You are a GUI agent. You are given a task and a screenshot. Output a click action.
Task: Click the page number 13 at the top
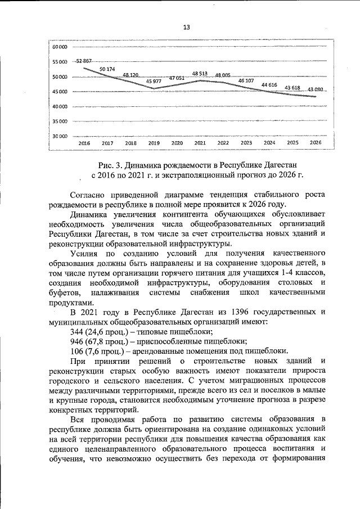point(187,27)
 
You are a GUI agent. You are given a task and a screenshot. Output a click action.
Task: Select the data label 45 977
point(154,82)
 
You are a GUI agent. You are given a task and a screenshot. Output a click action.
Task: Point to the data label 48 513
point(200,74)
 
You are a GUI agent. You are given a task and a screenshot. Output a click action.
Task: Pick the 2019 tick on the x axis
point(154,143)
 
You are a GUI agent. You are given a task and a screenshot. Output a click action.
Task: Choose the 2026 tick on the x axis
point(316,143)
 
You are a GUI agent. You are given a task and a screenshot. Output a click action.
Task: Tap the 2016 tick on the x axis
point(84,143)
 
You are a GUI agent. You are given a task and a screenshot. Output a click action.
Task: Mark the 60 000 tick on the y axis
point(59,47)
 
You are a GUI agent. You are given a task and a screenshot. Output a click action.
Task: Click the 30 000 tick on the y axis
point(59,136)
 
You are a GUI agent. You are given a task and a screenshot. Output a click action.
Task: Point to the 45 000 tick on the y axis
point(59,92)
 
